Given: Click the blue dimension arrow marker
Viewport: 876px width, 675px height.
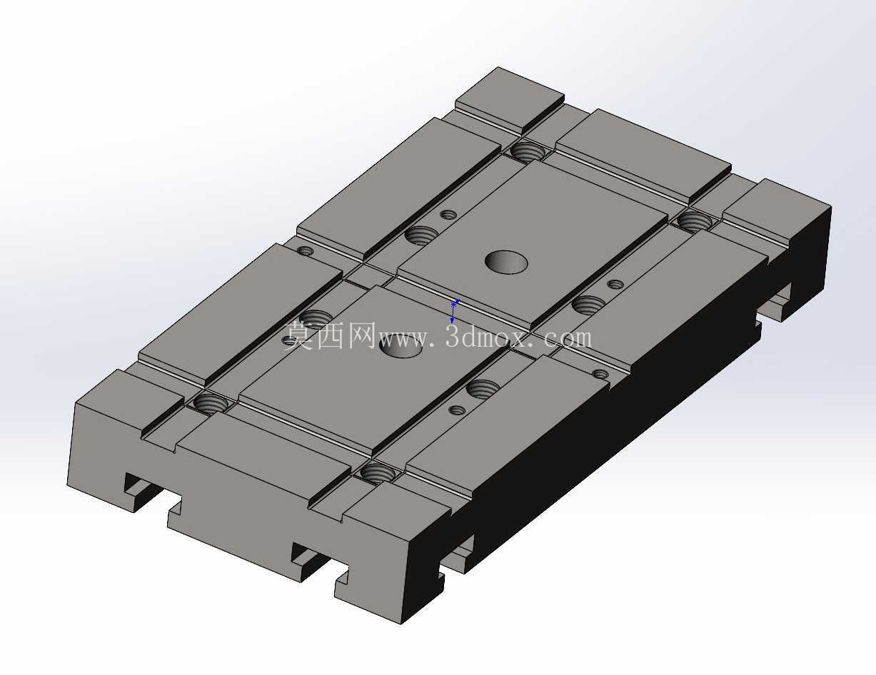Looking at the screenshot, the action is pyautogui.click(x=453, y=311).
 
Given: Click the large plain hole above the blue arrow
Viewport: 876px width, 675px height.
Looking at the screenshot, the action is pyautogui.click(x=506, y=262).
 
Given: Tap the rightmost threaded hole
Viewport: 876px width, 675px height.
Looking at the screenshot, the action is pyautogui.click(x=694, y=221).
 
